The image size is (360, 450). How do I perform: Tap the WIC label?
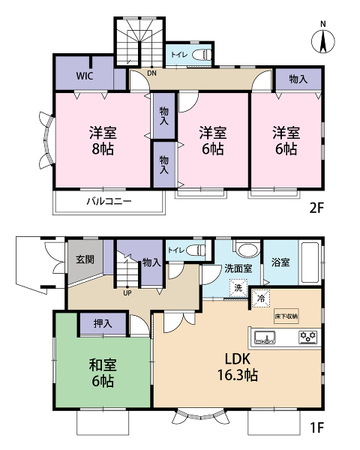(x=85, y=76)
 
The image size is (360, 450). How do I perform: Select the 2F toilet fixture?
(x=202, y=55)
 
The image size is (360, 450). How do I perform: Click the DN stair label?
(x=151, y=73)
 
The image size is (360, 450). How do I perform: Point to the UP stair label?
(x=127, y=293)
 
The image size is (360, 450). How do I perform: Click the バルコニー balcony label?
(x=109, y=201)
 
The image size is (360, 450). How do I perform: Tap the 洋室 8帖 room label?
(x=103, y=141)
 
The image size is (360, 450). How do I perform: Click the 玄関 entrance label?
(x=85, y=259)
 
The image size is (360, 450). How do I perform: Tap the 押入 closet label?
(x=103, y=324)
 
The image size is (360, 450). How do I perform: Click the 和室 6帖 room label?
(x=103, y=373)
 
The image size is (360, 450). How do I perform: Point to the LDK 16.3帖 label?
(x=238, y=367)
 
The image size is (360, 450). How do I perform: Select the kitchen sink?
(x=265, y=337)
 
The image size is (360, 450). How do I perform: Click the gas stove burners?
(x=308, y=337)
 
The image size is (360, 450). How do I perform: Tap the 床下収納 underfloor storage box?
(x=286, y=316)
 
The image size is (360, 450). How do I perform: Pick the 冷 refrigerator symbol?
(x=261, y=298)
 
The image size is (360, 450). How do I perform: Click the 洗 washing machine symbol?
(x=238, y=288)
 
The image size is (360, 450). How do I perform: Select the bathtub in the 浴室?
(x=310, y=262)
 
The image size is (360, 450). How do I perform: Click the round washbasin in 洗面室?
(x=248, y=250)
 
